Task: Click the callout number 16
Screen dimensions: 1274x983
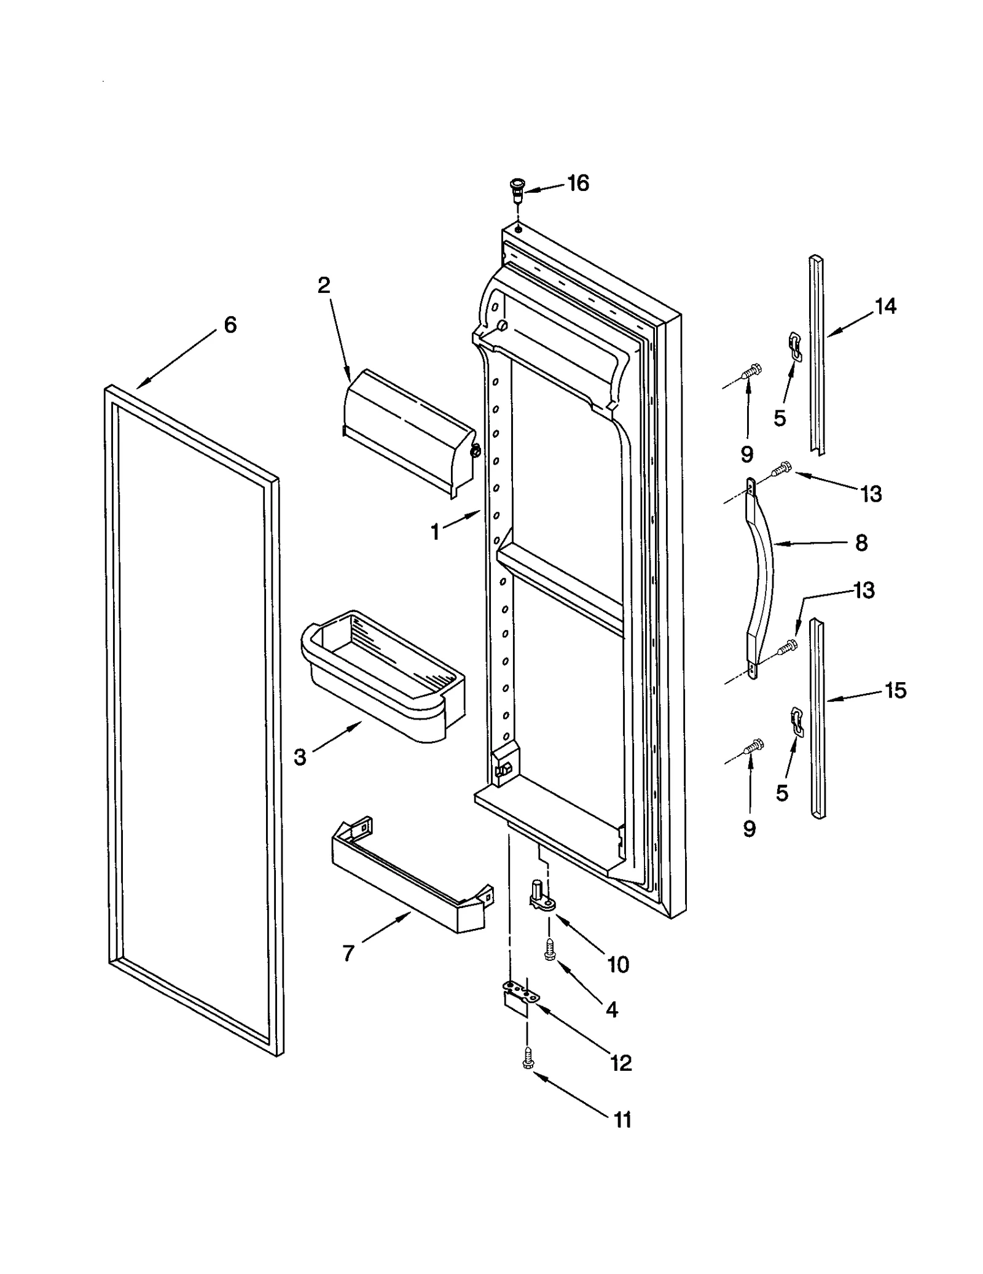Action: (578, 183)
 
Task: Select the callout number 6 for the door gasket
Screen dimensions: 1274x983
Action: (230, 325)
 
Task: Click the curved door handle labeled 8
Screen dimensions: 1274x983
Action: (762, 577)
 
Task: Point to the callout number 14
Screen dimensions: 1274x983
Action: (885, 306)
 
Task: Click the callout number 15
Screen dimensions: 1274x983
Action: (895, 690)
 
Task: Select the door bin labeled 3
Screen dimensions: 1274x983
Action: (381, 675)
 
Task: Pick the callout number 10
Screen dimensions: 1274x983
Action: (618, 965)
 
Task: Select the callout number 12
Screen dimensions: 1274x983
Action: (621, 1063)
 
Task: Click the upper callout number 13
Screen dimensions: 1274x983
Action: (871, 494)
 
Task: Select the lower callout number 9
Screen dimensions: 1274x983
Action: (749, 829)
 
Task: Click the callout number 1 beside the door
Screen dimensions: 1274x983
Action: (435, 532)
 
